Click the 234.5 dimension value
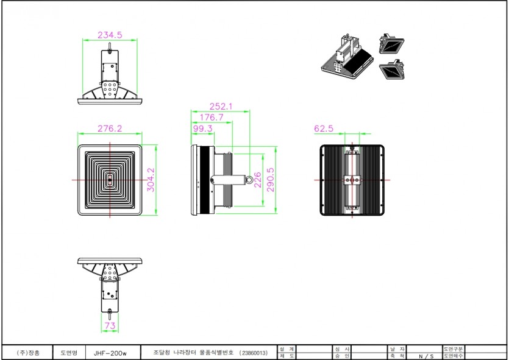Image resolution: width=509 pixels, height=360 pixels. (x=110, y=35)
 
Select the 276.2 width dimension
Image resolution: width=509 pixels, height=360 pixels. (x=110, y=129)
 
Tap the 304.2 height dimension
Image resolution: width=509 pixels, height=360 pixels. (x=151, y=180)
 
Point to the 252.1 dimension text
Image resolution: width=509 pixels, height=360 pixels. (x=221, y=106)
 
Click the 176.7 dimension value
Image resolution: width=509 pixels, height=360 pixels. (x=212, y=117)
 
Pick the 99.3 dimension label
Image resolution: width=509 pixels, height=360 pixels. (x=202, y=129)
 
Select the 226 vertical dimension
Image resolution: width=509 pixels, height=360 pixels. (x=258, y=180)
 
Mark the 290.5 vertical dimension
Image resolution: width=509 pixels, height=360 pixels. (x=271, y=180)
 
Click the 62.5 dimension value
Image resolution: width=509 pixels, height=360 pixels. (x=324, y=129)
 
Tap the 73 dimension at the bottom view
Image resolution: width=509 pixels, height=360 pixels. (x=110, y=326)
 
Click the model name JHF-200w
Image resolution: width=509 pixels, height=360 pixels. (x=110, y=353)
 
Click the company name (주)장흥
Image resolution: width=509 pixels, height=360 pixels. (x=28, y=353)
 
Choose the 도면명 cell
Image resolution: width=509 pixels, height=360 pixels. (x=68, y=353)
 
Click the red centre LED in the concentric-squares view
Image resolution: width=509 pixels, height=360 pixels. (x=110, y=180)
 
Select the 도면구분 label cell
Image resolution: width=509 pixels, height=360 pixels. (x=454, y=349)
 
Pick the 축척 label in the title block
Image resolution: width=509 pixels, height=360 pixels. (x=397, y=356)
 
